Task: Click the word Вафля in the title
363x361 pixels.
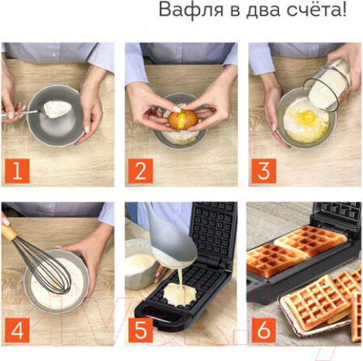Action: (185, 11)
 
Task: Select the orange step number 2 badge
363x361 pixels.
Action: (139, 171)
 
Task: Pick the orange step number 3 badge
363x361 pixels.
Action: (263, 171)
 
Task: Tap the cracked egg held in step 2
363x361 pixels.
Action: (183, 119)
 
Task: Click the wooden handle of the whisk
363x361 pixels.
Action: (9, 230)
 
